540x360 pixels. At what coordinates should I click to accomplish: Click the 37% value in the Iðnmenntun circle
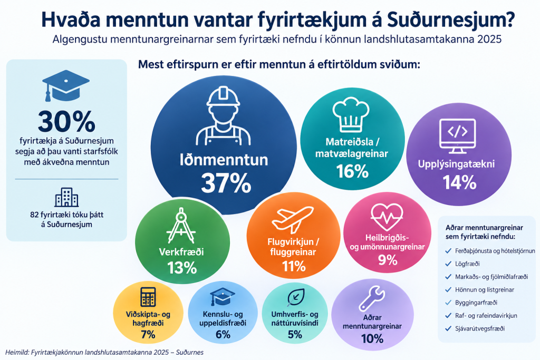pyautogui.click(x=226, y=183)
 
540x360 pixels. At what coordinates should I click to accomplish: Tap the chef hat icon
pyautogui.click(x=351, y=114)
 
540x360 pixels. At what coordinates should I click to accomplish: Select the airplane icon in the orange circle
pyautogui.click(x=292, y=219)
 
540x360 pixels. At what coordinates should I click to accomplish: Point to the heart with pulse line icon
pyautogui.click(x=387, y=217)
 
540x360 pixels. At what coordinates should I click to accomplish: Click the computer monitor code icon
pyautogui.click(x=458, y=136)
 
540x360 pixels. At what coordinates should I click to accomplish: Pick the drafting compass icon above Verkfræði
pyautogui.click(x=181, y=226)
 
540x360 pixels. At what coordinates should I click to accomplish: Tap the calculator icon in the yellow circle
pyautogui.click(x=148, y=297)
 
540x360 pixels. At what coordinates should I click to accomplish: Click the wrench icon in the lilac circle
pyautogui.click(x=372, y=298)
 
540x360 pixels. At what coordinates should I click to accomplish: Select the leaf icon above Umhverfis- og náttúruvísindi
pyautogui.click(x=296, y=297)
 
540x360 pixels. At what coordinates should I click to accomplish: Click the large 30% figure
pyautogui.click(x=66, y=121)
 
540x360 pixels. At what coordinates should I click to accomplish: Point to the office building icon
pyautogui.click(x=67, y=197)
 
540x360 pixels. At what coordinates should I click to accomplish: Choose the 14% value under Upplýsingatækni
pyautogui.click(x=459, y=182)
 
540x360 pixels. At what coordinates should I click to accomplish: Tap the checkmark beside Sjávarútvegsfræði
pyautogui.click(x=448, y=328)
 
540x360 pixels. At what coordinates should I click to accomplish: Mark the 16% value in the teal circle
pyautogui.click(x=352, y=171)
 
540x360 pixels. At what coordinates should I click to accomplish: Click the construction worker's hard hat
pyautogui.click(x=223, y=96)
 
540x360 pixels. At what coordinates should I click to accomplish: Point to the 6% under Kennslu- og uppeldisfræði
pyautogui.click(x=223, y=334)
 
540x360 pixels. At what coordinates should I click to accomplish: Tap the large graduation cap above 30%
pyautogui.click(x=66, y=85)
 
